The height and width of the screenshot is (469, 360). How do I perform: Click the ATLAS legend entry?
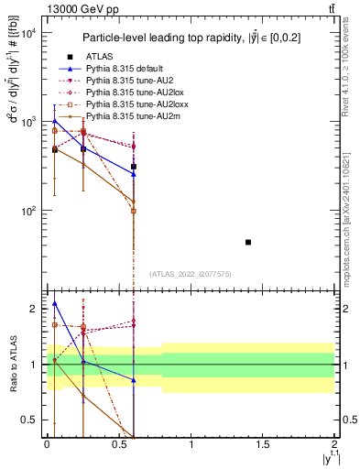click(99, 57)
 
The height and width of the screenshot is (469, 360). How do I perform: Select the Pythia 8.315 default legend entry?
click(126, 69)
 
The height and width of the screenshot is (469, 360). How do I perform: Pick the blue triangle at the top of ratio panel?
click(55, 303)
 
